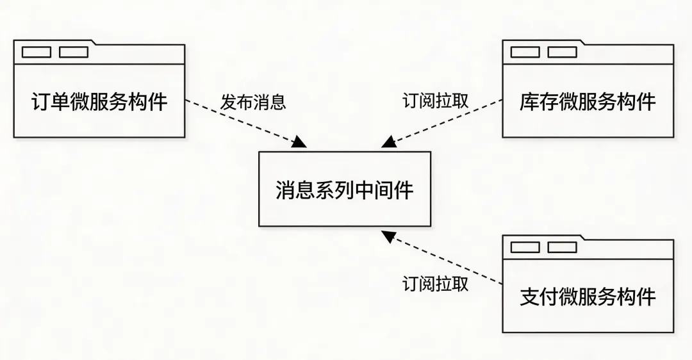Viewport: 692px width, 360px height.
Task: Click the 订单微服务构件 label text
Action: coord(99,102)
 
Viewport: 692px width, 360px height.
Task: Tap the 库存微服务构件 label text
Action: coord(588,102)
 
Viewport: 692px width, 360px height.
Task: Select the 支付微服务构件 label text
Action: coord(588,297)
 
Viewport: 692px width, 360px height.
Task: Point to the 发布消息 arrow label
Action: coord(253,102)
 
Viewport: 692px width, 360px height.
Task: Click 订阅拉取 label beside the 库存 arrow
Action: coord(435,101)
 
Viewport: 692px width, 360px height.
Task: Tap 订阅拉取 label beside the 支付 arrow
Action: coord(435,284)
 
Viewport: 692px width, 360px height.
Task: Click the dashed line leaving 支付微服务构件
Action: coord(449,259)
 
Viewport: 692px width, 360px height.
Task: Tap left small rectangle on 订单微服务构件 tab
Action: coord(37,52)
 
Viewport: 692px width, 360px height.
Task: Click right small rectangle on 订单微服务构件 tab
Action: coord(74,52)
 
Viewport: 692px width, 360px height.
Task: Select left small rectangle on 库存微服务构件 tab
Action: coord(525,52)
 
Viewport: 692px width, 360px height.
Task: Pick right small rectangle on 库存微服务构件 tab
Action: coord(562,52)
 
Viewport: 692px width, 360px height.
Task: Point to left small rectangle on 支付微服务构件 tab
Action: coord(525,247)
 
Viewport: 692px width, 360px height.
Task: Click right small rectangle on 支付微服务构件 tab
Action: coord(562,247)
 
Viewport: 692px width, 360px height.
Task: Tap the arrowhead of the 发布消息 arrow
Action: coord(300,143)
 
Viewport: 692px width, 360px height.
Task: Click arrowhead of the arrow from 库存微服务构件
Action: coord(388,143)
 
